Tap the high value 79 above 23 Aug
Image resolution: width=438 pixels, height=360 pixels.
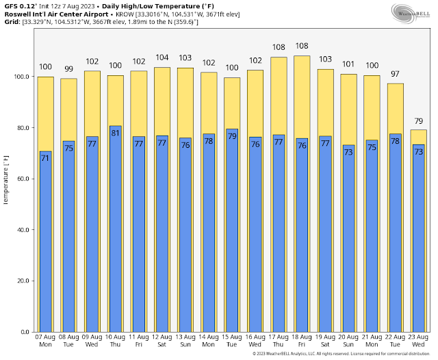[x=418, y=122]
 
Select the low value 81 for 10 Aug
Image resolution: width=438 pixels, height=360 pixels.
[x=115, y=133]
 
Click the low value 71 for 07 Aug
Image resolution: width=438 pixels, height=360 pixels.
[x=45, y=158]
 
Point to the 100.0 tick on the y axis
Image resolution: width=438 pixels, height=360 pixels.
[x=21, y=77]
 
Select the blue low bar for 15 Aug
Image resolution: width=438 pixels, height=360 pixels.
[x=231, y=233]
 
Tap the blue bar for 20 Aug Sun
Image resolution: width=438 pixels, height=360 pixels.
[x=348, y=240]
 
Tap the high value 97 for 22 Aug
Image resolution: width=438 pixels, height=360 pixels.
[x=395, y=74]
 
